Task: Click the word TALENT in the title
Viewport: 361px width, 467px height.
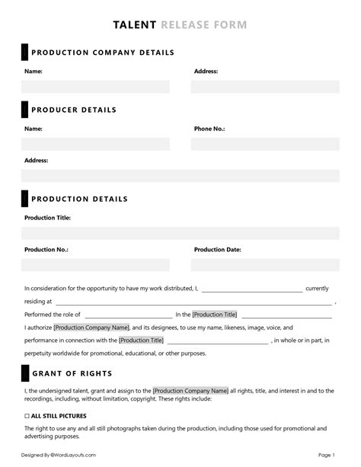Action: (x=135, y=25)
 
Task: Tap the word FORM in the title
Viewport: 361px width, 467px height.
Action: (x=231, y=25)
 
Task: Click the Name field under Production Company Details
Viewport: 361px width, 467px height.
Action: (x=95, y=87)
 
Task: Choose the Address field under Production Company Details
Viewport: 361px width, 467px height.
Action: (x=265, y=87)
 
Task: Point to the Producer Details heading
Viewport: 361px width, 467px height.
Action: (x=74, y=110)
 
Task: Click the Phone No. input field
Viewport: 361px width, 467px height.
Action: (x=265, y=144)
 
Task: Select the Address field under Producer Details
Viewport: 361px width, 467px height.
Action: (x=180, y=176)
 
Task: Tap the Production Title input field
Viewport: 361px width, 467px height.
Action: (x=180, y=233)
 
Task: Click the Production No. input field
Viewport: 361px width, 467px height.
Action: (x=95, y=265)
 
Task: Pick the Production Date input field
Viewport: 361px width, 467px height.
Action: (x=265, y=265)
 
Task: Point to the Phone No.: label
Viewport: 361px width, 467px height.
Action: (x=209, y=129)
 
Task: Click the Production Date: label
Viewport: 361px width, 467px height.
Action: (x=218, y=249)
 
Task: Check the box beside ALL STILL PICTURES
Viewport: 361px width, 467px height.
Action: (x=27, y=416)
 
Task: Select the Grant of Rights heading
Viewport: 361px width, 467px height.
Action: (x=72, y=374)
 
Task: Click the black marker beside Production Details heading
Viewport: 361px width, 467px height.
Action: (x=24, y=200)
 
